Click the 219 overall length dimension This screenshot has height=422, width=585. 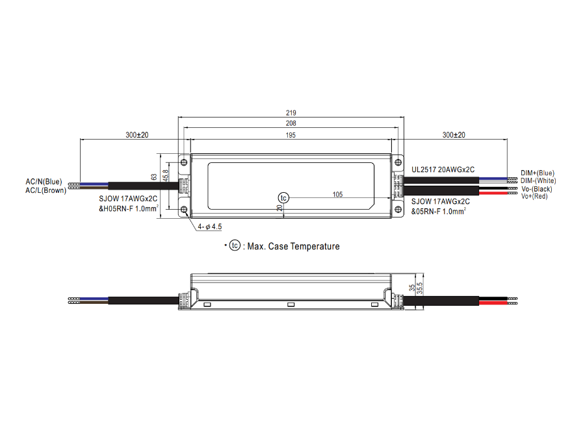point(291,112)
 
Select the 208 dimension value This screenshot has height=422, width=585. point(291,123)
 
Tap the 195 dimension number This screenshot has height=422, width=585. point(291,135)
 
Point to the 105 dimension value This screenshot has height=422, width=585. point(337,194)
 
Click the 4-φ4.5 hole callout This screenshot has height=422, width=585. point(210,227)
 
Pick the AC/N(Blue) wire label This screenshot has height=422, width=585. point(44,182)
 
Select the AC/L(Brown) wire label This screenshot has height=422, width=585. point(46,190)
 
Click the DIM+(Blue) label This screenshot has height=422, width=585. point(538,173)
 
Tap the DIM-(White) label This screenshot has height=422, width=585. point(538,180)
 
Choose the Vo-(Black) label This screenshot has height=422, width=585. point(536,189)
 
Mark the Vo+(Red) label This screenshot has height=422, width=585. point(534,196)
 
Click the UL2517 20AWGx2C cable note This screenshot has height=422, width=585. point(443,169)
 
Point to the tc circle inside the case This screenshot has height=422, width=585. point(283,197)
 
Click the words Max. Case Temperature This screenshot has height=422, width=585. point(294,247)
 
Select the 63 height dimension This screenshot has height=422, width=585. point(154,177)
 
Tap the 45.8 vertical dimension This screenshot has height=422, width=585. point(166,175)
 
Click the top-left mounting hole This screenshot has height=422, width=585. point(184,162)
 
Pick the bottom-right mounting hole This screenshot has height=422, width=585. point(398,210)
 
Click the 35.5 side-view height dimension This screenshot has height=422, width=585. point(420,288)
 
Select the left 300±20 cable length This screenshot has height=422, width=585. point(137,135)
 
